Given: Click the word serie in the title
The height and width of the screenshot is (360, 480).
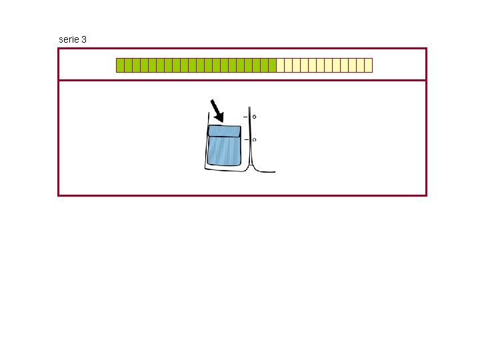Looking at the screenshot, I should pos(69,40).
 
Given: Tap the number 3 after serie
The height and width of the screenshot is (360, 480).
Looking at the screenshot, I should pos(83,40).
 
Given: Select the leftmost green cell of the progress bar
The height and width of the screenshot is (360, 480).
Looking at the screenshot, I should pos(120,65).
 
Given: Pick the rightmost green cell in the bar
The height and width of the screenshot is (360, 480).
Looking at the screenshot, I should pos(272,65).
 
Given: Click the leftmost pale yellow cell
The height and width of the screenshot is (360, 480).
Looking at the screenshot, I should pos(280,65).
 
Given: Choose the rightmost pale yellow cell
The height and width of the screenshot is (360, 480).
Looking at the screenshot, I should pos(368,65).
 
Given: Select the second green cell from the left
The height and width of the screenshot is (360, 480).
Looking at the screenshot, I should pos(128,65).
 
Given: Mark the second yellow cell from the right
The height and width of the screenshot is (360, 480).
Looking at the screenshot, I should pos(360,65).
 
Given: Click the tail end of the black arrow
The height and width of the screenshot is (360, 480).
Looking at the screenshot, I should pos(212,101).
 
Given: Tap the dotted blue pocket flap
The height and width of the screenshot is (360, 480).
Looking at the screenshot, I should pos(224,131).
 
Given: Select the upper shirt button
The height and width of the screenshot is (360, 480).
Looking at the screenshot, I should pos(254,117).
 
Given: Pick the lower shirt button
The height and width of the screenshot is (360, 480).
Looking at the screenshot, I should pos(254,140).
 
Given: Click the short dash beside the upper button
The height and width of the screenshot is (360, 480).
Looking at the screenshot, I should pos(245,117).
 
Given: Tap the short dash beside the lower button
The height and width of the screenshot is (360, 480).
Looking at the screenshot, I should pos(245,139).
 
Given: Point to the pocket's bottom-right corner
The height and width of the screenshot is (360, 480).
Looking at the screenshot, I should pos(239,165).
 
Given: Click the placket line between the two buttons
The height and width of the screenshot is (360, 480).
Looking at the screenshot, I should pos(250,129).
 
